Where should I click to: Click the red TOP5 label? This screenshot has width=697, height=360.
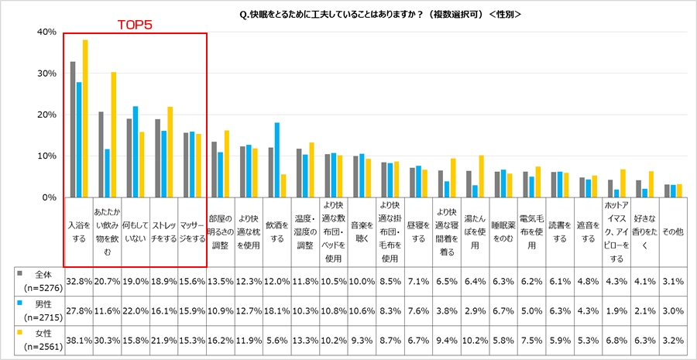[x=135, y=25]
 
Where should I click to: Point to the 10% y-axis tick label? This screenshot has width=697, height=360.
[x=46, y=156]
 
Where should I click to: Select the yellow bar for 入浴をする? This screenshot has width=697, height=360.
[x=85, y=118]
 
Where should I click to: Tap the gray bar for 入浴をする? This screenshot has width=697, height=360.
[x=72, y=129]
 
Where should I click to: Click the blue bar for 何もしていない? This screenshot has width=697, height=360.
[x=136, y=152]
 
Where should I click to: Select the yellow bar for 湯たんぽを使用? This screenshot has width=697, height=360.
[x=481, y=177]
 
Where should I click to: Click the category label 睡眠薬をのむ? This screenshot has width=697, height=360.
[x=503, y=229]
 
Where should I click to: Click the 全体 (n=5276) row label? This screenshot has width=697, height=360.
[x=39, y=280]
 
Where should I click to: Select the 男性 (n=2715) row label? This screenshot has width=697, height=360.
[x=39, y=311]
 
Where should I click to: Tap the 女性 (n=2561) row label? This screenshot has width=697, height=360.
[x=39, y=341]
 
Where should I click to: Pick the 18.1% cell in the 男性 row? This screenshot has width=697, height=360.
[x=276, y=311]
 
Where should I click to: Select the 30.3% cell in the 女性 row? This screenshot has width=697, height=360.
[x=107, y=341]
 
